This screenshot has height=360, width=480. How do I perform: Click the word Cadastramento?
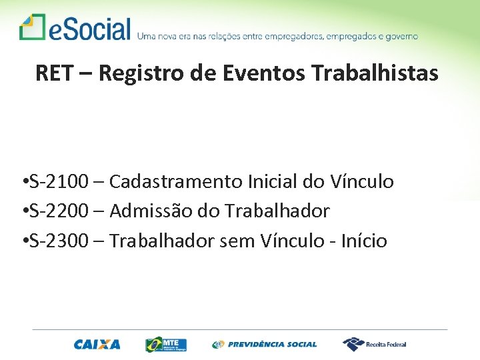[x=175, y=181]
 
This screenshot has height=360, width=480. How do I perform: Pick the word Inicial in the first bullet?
[x=269, y=181]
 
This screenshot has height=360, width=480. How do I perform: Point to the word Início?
[x=363, y=241]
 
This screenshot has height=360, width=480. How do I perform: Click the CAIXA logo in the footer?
[x=97, y=344]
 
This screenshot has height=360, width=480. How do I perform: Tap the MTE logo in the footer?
[x=166, y=344]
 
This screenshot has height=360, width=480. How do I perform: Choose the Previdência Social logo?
[x=265, y=344]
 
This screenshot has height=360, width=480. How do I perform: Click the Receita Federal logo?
[x=374, y=344]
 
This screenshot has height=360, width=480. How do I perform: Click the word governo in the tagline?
[x=399, y=36]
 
